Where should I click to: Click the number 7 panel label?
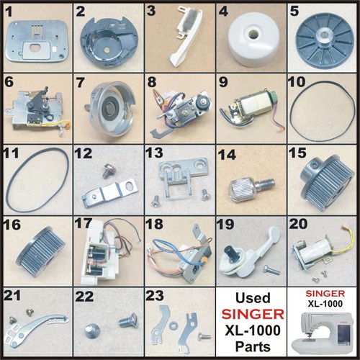point(80,83)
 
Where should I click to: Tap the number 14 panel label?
point(227,155)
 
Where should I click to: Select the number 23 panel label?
point(155,296)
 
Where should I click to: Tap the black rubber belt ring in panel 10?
point(322,106)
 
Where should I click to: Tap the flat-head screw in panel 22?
point(127,321)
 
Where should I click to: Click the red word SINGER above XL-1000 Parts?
point(253,314)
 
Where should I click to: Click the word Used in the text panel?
point(253,298)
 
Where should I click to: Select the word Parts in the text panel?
point(253,346)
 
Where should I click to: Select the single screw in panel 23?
point(204,336)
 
